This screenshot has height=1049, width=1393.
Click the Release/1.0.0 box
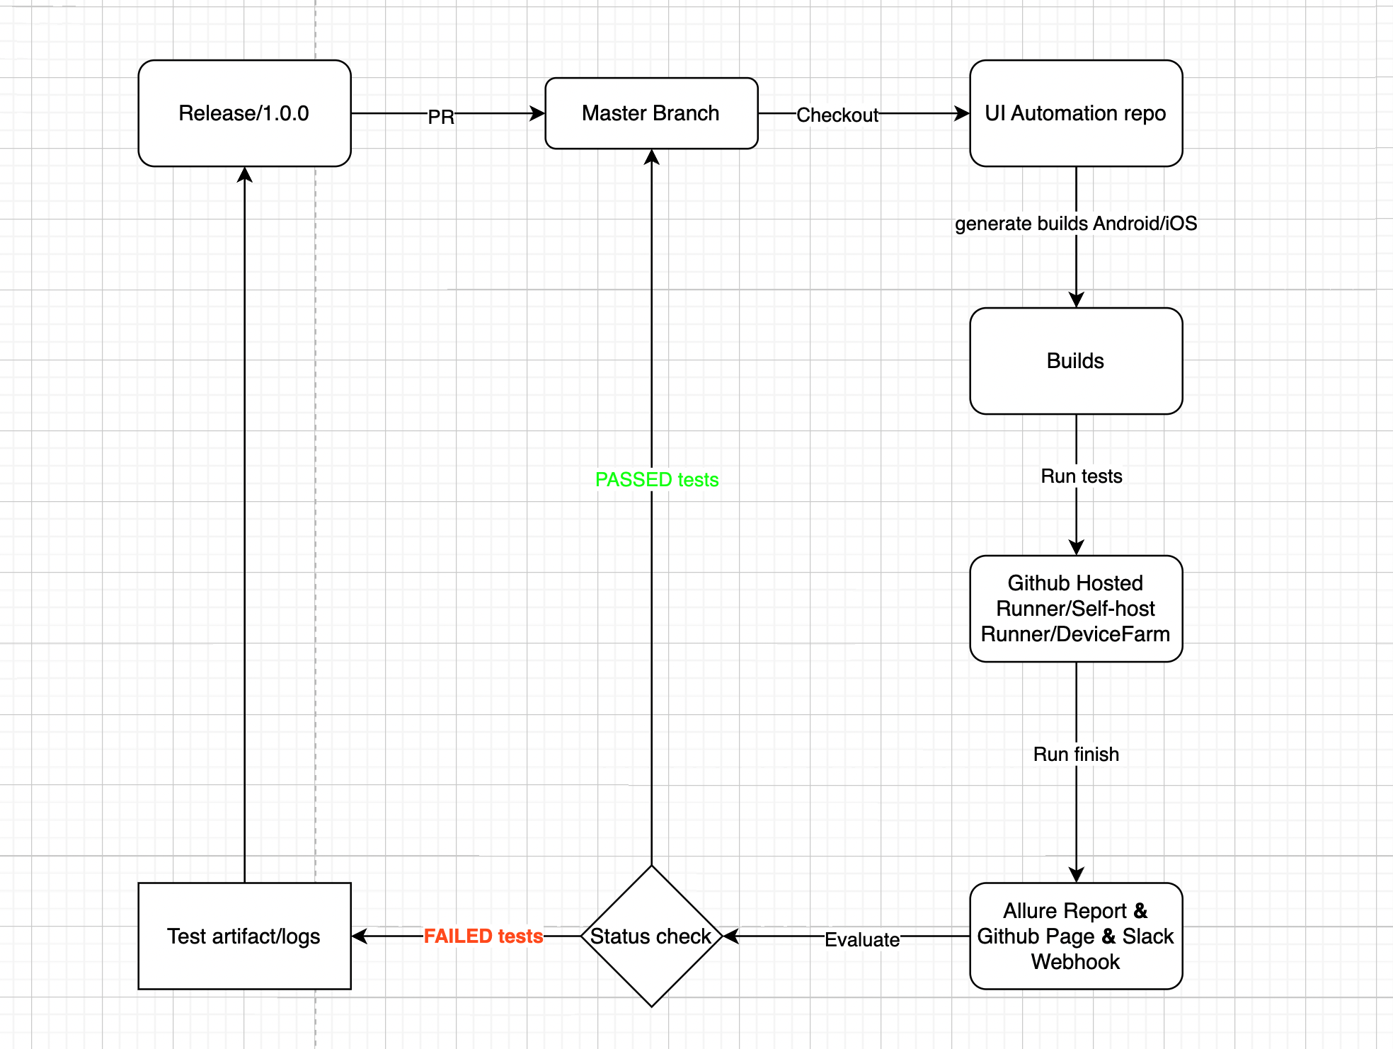click(244, 113)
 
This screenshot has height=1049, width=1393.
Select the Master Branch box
click(650, 113)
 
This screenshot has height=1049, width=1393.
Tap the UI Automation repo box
click(1075, 113)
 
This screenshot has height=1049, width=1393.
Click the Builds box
click(1075, 361)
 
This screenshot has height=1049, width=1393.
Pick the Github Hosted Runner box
click(1075, 609)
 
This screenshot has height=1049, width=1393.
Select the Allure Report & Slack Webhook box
click(1075, 936)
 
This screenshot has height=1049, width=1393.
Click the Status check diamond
click(650, 936)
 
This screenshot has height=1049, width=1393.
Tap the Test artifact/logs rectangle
click(244, 936)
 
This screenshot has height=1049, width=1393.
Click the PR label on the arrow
click(441, 117)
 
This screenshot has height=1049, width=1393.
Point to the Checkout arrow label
click(837, 115)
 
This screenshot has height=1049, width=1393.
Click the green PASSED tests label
click(657, 480)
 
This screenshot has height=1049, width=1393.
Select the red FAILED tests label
click(483, 936)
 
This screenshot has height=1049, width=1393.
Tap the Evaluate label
click(862, 939)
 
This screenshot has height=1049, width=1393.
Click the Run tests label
click(1081, 476)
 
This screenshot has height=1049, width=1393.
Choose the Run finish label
click(1076, 755)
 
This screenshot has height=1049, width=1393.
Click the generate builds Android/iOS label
click(1076, 224)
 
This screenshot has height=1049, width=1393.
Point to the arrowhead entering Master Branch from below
click(652, 157)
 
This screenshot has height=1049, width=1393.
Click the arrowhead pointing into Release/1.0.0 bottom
click(245, 175)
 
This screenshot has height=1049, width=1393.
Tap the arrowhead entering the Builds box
click(1077, 300)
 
